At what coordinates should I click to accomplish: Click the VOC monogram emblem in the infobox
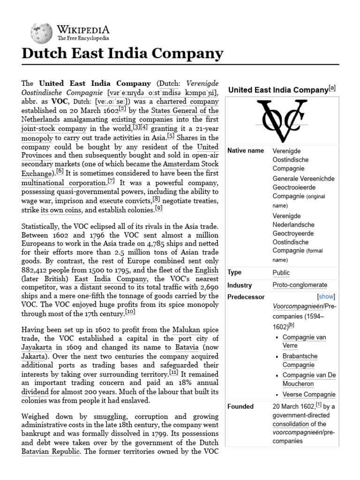point(281,120)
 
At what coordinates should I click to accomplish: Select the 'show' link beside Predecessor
point(326,297)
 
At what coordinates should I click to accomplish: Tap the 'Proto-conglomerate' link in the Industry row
point(300,285)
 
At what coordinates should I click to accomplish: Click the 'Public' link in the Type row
point(281,273)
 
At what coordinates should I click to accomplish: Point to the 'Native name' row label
point(246,151)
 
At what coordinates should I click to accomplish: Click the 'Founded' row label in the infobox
point(240,406)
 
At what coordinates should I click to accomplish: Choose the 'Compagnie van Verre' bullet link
point(304,342)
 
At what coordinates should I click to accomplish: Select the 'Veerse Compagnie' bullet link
point(309,394)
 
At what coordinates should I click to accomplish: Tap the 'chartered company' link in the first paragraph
point(187,101)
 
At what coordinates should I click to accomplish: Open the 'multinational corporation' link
point(64,183)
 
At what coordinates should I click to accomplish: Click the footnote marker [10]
point(130,312)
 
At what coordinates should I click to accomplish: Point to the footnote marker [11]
point(174,373)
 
